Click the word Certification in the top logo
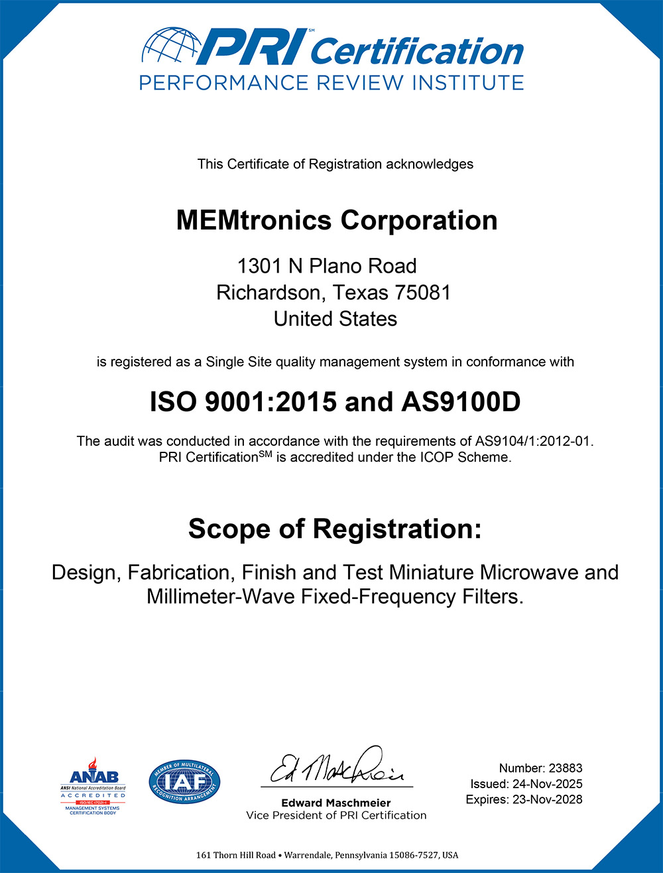pos(416,50)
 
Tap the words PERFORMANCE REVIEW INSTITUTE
pos(331,83)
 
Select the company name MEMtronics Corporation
pos(337,220)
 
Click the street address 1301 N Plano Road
pos(327,266)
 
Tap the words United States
pos(335,318)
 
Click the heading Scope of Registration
pos(335,529)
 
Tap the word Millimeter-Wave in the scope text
pos(221,596)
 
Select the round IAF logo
pos(184,782)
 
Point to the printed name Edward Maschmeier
pos(336,803)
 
